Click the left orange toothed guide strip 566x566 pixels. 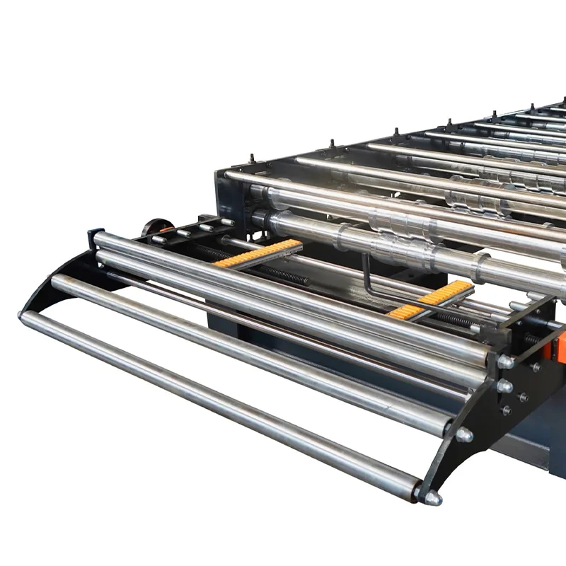click(x=258, y=253)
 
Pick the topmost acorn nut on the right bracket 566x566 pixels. click(x=505, y=362)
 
